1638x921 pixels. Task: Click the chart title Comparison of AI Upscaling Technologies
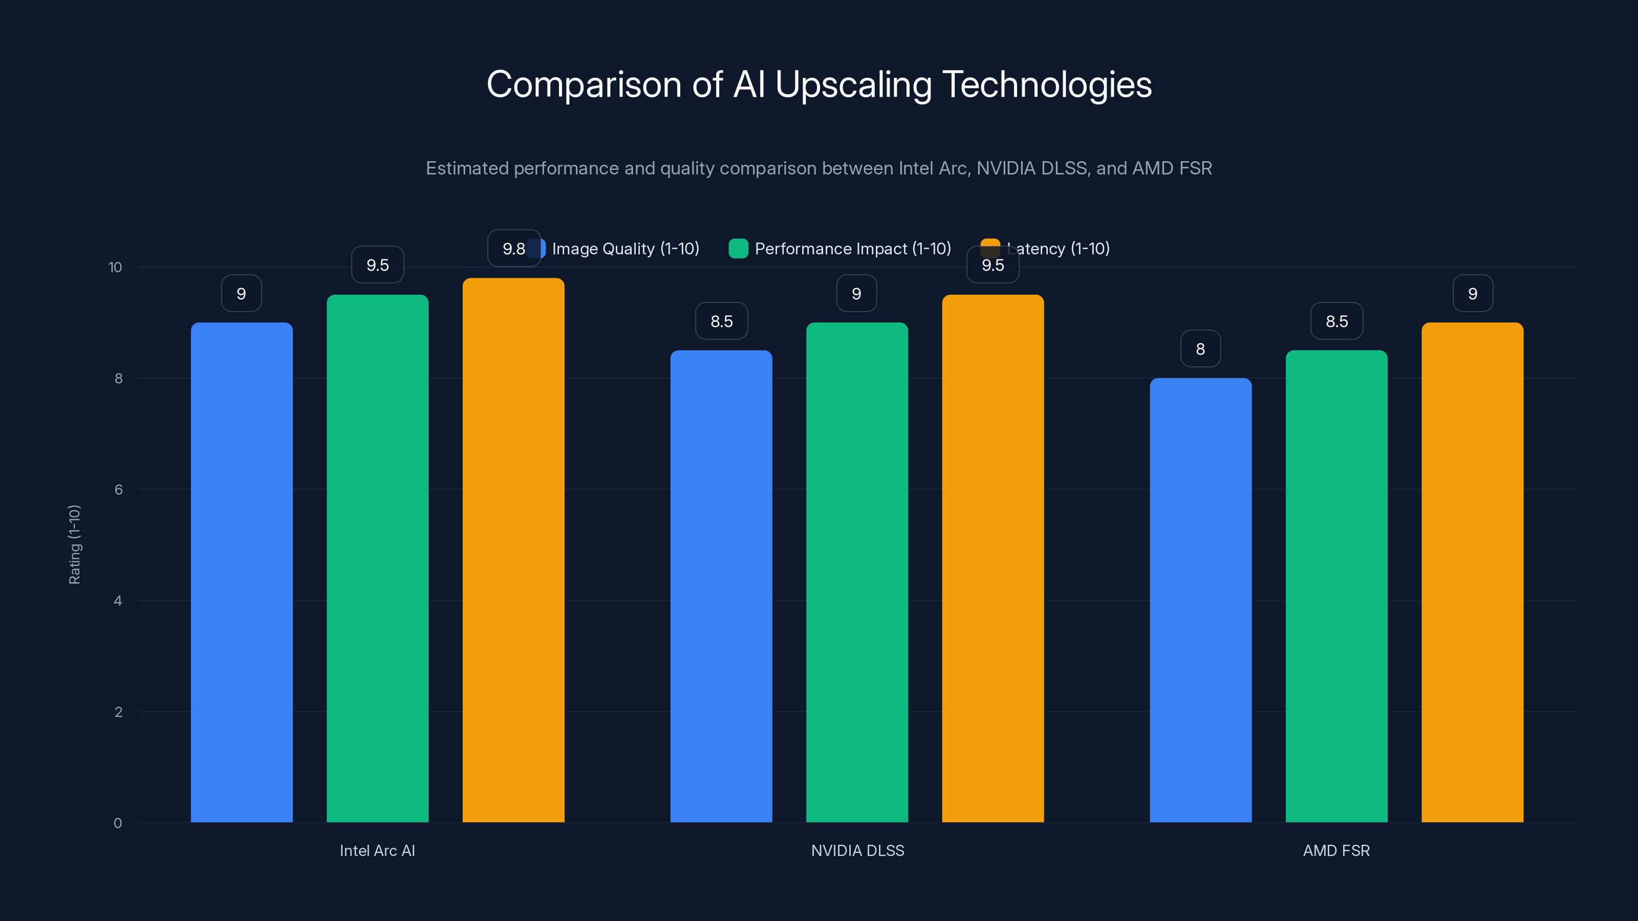point(819,84)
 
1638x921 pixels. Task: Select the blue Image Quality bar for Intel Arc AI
point(242,572)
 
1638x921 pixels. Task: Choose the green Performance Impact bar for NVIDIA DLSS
point(857,572)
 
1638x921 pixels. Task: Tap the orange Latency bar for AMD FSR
point(1472,572)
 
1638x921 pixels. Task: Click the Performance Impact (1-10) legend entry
point(840,249)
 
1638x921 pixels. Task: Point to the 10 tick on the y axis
point(115,267)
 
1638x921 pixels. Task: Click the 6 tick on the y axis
point(118,490)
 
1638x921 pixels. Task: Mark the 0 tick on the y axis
point(118,823)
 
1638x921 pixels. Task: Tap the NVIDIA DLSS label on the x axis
point(857,850)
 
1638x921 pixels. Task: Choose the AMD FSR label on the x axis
point(1337,850)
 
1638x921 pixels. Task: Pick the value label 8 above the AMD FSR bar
point(1200,349)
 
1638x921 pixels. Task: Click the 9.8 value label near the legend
point(512,249)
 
